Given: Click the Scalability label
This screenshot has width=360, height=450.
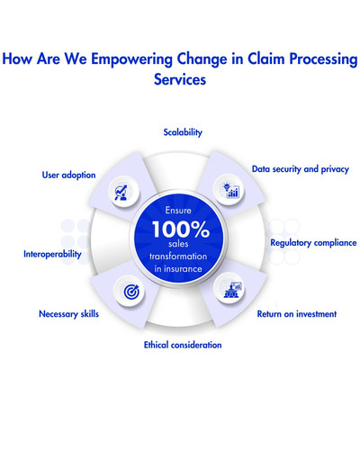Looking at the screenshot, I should click(x=183, y=132).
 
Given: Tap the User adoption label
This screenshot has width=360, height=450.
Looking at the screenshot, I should click(x=68, y=175).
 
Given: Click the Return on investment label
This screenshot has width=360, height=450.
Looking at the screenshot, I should click(x=296, y=314).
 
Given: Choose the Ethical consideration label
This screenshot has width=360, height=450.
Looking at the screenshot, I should click(x=183, y=345).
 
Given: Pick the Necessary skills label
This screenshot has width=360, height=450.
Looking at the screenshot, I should click(x=68, y=314).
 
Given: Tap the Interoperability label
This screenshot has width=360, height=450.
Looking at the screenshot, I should click(x=52, y=254).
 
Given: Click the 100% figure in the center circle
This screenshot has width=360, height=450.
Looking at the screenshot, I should click(x=180, y=229).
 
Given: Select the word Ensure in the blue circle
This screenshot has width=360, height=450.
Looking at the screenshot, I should click(x=180, y=207).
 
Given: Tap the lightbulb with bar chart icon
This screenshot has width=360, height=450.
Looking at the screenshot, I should click(x=231, y=190).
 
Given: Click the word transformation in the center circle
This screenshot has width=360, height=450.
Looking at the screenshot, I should click(x=180, y=256).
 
